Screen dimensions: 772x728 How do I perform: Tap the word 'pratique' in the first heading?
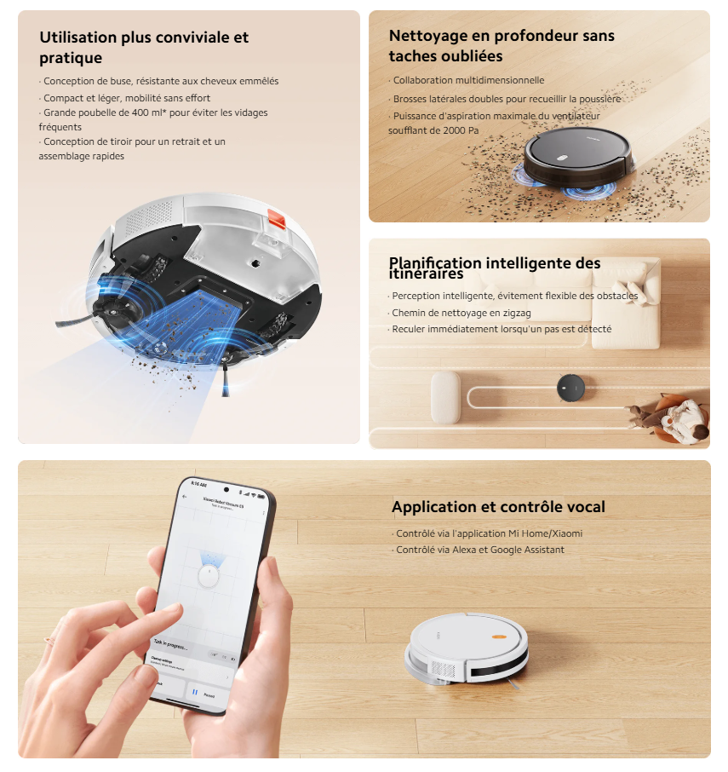(x=71, y=58)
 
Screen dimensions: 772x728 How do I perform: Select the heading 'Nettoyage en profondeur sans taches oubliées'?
(x=502, y=46)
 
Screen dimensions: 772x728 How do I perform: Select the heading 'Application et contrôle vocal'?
(x=498, y=507)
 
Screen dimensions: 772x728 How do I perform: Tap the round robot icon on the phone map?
(x=209, y=578)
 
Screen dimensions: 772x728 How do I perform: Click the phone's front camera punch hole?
(x=226, y=488)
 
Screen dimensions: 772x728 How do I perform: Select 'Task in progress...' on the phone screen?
(x=170, y=643)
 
